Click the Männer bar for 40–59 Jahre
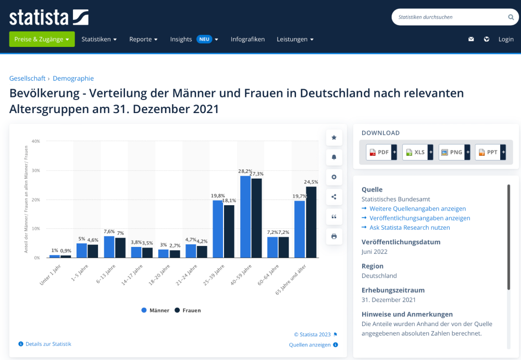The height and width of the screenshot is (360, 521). (245, 217)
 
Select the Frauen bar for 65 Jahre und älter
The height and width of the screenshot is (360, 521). (311, 222)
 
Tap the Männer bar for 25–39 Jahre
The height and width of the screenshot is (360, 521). (218, 229)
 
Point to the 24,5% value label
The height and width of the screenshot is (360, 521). (311, 182)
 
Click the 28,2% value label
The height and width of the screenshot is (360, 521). (245, 171)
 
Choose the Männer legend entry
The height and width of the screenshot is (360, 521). (155, 311)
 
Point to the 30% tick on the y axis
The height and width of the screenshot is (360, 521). (36, 170)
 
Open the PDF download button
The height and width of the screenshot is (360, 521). (380, 152)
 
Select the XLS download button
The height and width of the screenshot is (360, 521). (416, 152)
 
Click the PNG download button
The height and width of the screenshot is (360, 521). (452, 152)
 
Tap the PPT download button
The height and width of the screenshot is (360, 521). (489, 152)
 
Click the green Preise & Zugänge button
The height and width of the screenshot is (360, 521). (42, 39)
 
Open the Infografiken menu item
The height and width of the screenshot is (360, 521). (247, 39)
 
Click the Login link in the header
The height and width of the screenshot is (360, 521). (506, 39)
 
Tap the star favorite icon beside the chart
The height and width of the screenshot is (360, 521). (334, 138)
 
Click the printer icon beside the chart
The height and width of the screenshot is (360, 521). (334, 237)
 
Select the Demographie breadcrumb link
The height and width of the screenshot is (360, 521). (73, 78)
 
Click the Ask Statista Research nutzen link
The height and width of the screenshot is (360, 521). (410, 228)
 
